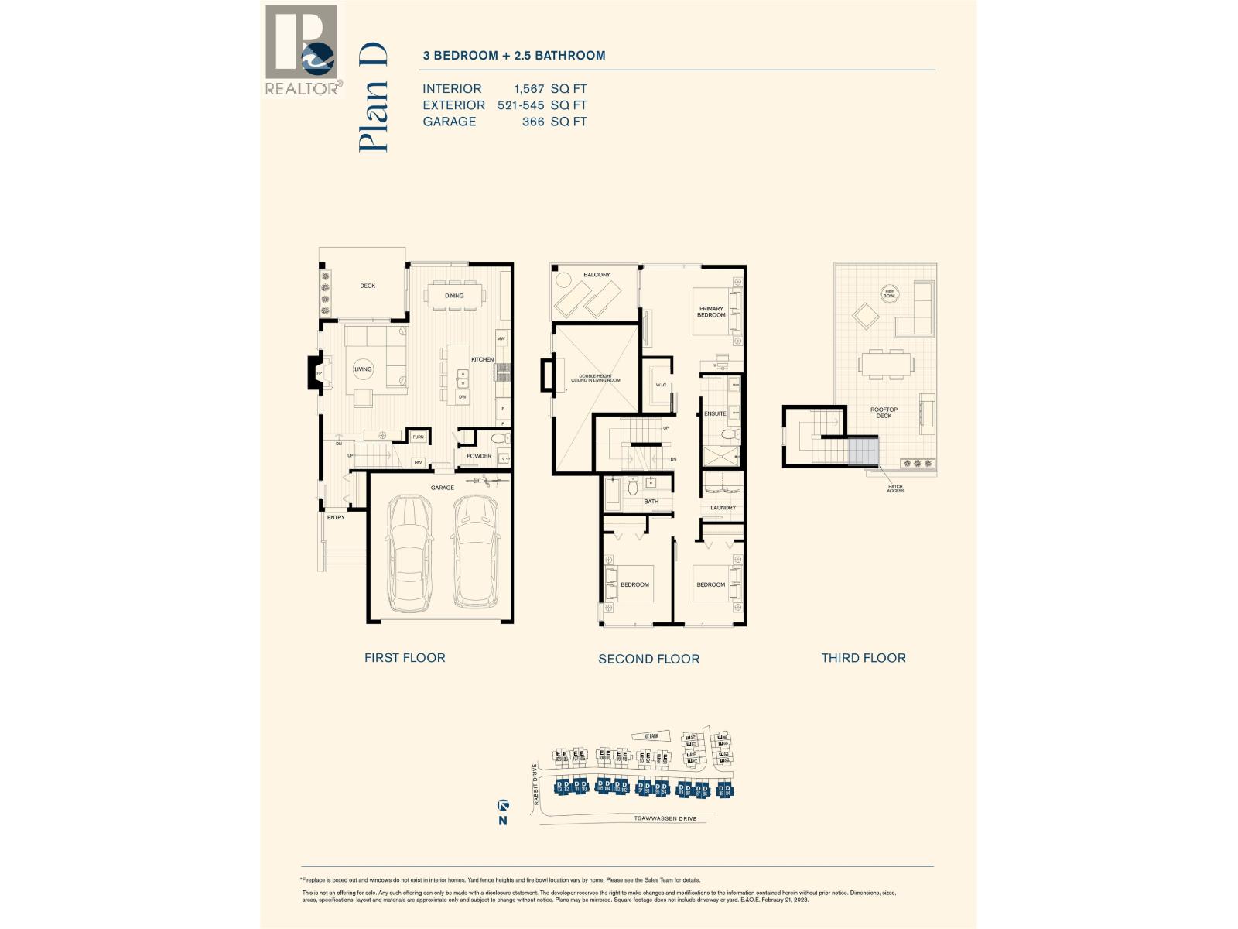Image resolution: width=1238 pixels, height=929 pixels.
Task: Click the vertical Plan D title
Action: tap(373, 98)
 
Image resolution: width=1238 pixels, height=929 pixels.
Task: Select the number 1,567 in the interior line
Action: tap(529, 89)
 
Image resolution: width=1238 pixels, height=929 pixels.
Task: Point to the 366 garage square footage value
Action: tap(533, 122)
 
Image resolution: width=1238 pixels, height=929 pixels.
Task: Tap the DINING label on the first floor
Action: tap(454, 296)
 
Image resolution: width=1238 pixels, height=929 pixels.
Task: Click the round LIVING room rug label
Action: tap(363, 369)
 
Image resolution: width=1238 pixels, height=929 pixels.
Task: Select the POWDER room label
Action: tap(479, 456)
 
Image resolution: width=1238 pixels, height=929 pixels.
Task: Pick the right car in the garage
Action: tap(474, 553)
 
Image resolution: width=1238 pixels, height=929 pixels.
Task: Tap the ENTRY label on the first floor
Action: tap(336, 517)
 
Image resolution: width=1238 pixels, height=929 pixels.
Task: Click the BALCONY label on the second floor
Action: tap(597, 275)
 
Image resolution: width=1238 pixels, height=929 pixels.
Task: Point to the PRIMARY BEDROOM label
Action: tap(711, 312)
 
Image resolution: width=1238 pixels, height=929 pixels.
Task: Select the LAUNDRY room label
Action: tap(723, 508)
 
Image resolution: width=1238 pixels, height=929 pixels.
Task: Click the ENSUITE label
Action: tap(714, 413)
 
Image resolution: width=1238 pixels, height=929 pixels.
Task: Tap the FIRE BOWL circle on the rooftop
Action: tap(890, 294)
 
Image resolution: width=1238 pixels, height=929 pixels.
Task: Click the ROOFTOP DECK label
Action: tap(884, 413)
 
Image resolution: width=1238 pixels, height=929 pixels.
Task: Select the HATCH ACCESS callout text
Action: tap(895, 488)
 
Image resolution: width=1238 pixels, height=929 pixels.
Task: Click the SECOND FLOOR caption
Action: tap(648, 659)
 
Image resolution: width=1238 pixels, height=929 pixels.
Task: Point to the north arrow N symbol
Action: tap(503, 813)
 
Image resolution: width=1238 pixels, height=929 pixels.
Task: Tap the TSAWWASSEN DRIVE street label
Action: tap(665, 818)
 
